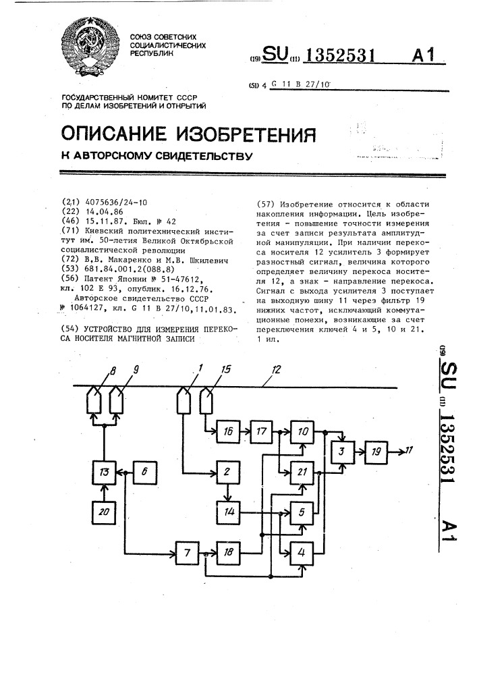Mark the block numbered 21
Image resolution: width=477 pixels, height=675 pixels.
click(302, 472)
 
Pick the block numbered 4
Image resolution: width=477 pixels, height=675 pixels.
click(302, 554)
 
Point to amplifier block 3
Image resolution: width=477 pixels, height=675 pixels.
click(342, 450)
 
